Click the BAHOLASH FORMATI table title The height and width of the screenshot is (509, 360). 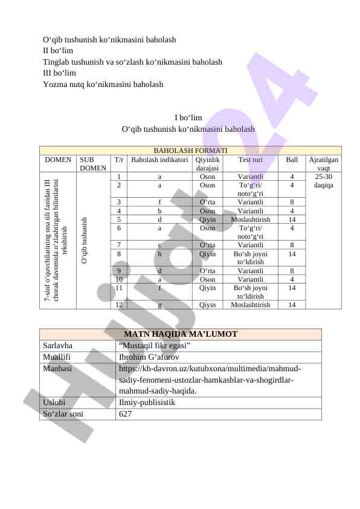[190, 151]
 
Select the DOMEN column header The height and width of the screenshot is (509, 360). [58, 160]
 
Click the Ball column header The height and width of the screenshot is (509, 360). [292, 160]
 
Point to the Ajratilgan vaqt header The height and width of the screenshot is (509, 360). [323, 163]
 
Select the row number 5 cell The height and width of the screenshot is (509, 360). [120, 219]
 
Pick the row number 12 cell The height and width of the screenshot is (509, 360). [120, 305]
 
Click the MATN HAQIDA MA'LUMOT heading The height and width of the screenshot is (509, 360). [181, 334]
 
